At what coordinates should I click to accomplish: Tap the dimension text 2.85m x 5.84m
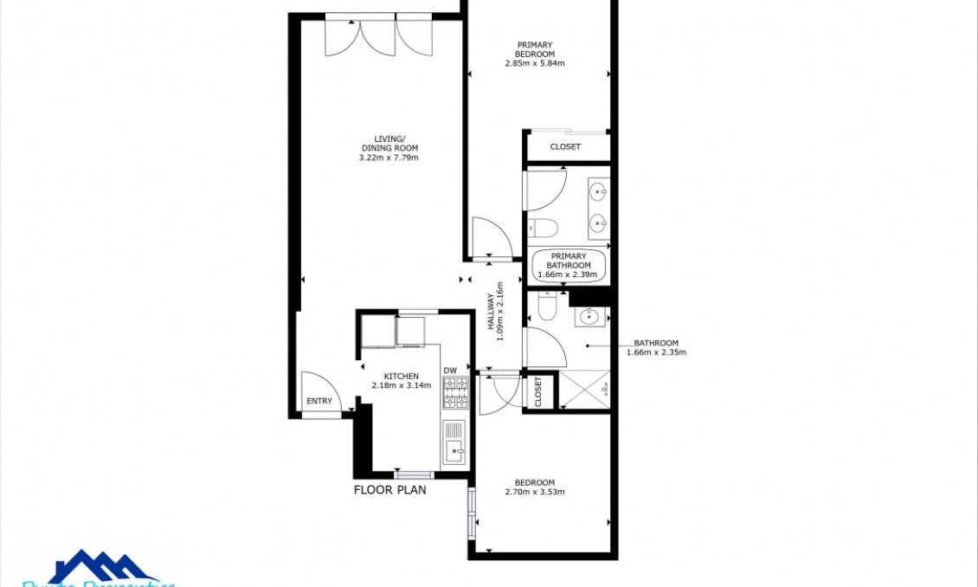[x=535, y=63]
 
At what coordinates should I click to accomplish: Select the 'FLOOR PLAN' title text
[x=389, y=490]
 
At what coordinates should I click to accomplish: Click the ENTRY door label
[x=318, y=401]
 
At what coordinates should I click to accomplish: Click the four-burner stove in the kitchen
[x=454, y=393]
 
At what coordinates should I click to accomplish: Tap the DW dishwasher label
[x=449, y=371]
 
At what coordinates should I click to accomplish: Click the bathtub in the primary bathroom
[x=568, y=266]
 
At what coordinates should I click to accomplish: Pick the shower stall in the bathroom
[x=585, y=390]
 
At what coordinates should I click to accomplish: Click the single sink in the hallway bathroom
[x=591, y=316]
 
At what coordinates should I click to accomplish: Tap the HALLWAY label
[x=490, y=317]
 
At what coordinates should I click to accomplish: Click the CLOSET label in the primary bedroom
[x=565, y=147]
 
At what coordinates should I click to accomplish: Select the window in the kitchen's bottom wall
[x=414, y=474]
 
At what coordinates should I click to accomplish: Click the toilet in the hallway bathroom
[x=545, y=305]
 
